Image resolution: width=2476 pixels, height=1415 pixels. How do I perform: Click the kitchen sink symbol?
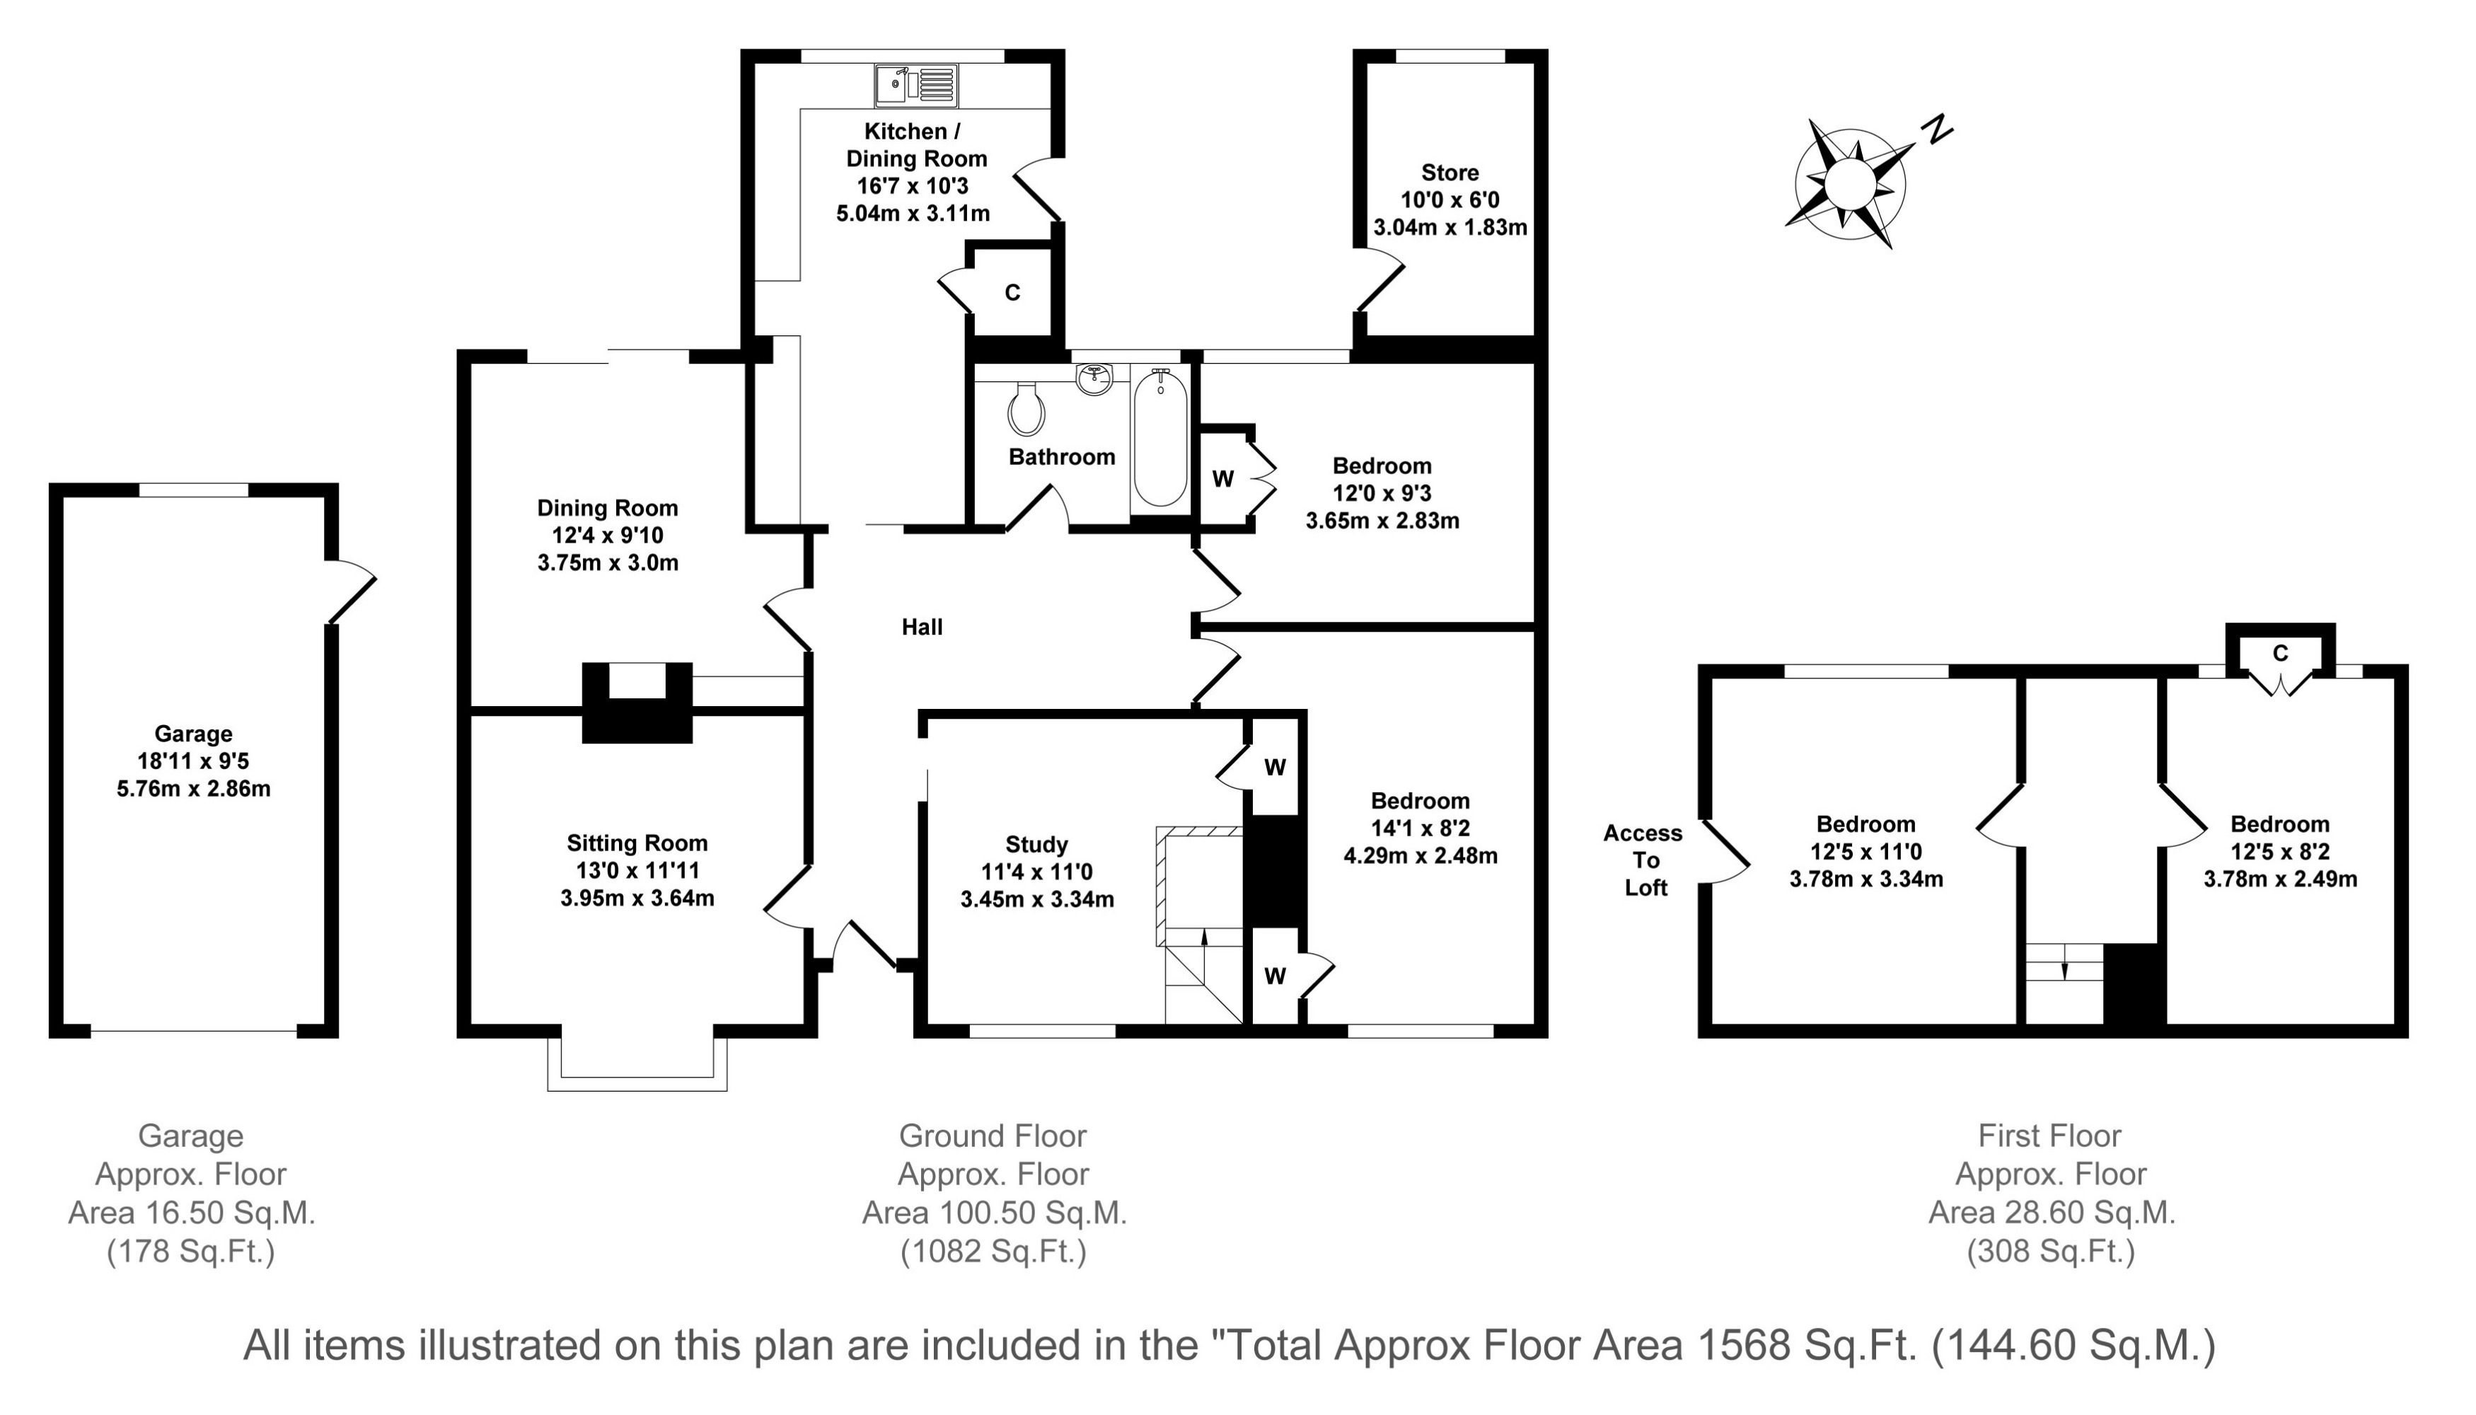click(915, 86)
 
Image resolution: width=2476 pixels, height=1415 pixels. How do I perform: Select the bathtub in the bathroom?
click(1160, 437)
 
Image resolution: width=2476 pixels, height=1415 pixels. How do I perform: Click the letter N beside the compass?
click(1938, 128)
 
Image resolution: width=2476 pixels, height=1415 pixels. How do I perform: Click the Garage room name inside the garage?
click(193, 734)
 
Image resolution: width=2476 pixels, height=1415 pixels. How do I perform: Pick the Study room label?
click(1037, 845)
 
